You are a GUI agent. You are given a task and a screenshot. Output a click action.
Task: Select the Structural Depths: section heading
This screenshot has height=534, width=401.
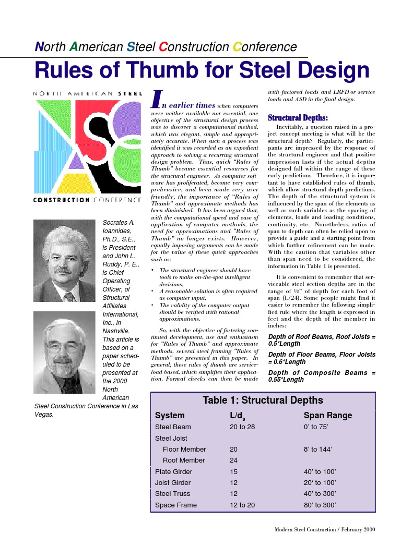click(298, 118)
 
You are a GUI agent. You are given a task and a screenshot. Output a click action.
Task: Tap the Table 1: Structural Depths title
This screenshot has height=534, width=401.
click(263, 400)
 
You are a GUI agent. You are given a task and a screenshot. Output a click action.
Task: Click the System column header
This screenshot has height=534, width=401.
click(170, 416)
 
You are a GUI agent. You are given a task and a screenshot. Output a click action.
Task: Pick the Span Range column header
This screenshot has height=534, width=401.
click(328, 416)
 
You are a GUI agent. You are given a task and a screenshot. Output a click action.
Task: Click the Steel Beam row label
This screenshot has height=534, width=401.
click(173, 427)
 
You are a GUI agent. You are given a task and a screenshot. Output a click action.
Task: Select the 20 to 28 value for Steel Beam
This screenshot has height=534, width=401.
click(242, 427)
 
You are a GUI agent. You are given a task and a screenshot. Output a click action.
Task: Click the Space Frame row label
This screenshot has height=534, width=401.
click(176, 505)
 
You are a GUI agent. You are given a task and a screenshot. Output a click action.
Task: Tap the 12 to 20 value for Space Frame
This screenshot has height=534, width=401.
click(242, 505)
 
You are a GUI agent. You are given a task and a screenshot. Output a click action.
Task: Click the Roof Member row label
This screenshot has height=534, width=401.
click(184, 460)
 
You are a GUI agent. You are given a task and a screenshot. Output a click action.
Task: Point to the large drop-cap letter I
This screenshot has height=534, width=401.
click(155, 99)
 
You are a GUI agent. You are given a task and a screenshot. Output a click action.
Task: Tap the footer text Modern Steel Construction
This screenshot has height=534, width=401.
click(305, 529)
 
